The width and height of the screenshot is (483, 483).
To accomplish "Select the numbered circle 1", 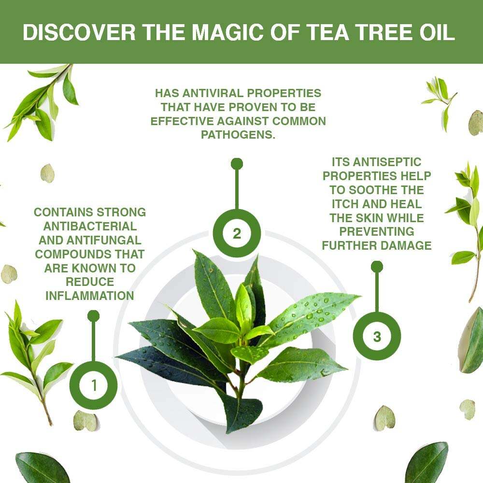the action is (94, 385).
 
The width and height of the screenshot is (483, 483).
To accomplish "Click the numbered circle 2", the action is (237, 233).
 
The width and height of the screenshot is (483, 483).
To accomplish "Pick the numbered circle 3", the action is (377, 336).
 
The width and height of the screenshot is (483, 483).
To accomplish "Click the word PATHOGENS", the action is (238, 135).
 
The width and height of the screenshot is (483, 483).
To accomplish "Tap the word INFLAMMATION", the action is (90, 296).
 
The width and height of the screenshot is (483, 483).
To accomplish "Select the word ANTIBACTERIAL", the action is (90, 226).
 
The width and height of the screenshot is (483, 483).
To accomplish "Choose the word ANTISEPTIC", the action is (387, 162).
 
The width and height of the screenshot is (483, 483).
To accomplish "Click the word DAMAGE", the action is (406, 245).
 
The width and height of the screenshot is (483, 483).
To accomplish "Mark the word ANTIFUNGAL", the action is (104, 240).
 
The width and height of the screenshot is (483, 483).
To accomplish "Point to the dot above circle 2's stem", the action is (237, 164).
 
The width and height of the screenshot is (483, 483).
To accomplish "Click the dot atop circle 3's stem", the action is (377, 267).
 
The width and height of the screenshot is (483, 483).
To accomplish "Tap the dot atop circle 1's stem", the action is (93, 316).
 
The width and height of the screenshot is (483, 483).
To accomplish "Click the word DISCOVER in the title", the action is (79, 32).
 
